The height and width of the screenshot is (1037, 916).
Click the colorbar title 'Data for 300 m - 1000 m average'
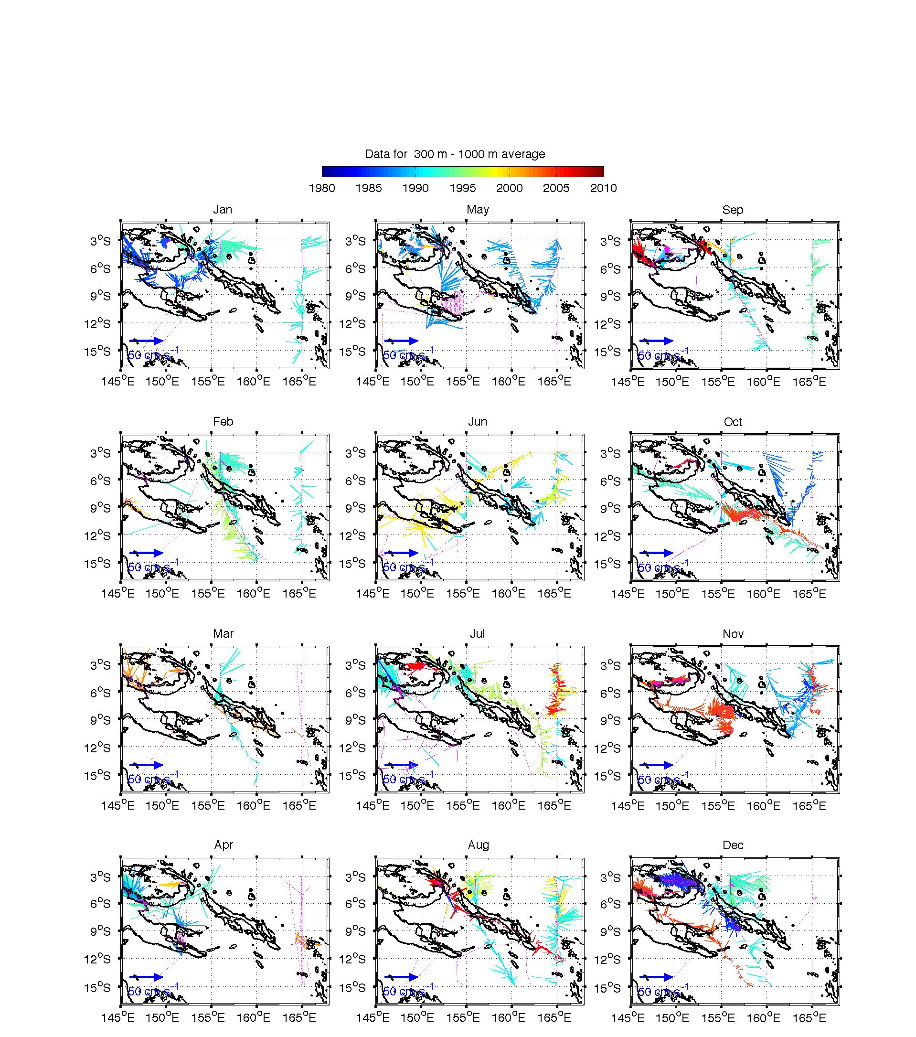click(455, 154)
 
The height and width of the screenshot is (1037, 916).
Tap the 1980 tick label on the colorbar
click(321, 188)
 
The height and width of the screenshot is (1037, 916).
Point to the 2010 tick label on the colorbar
click(603, 188)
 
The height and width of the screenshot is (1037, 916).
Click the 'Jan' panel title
click(223, 210)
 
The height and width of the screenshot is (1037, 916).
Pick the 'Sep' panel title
click(733, 210)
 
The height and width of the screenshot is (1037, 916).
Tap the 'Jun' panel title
click(477, 422)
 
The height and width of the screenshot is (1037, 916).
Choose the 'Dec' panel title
click(733, 845)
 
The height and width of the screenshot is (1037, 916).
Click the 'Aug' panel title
click(478, 845)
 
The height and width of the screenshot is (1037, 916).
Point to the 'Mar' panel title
click(223, 634)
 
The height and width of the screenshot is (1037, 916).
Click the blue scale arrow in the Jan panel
click(147, 341)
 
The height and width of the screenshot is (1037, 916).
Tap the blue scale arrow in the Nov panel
click(656, 765)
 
